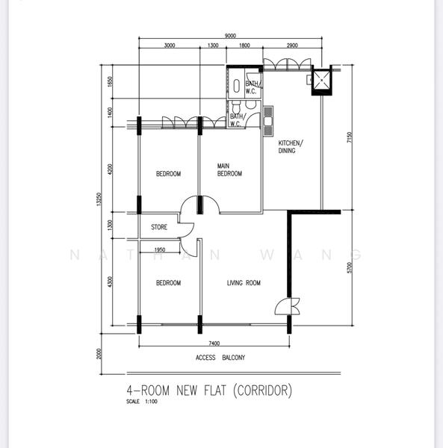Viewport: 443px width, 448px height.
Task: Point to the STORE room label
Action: click(159, 227)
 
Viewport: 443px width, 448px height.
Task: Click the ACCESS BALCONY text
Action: click(220, 358)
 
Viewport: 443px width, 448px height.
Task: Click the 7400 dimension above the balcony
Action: click(214, 343)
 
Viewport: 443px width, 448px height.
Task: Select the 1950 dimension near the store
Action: click(159, 250)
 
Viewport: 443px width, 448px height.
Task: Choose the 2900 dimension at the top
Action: click(291, 46)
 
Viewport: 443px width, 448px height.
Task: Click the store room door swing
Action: click(185, 231)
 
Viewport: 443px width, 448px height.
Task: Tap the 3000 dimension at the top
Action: click(169, 46)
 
